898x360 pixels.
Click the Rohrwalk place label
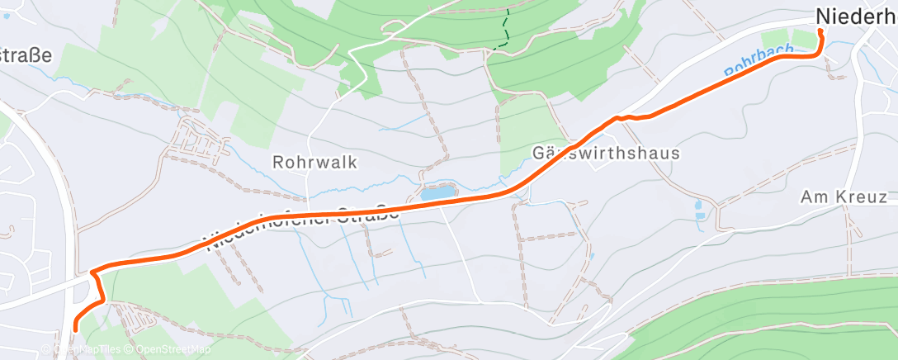(x=316, y=162)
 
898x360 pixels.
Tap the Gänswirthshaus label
(x=606, y=154)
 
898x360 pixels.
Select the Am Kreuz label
(x=844, y=197)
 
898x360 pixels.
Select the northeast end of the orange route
(x=820, y=31)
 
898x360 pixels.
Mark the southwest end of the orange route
(x=75, y=329)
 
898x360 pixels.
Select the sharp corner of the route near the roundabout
(x=92, y=271)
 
